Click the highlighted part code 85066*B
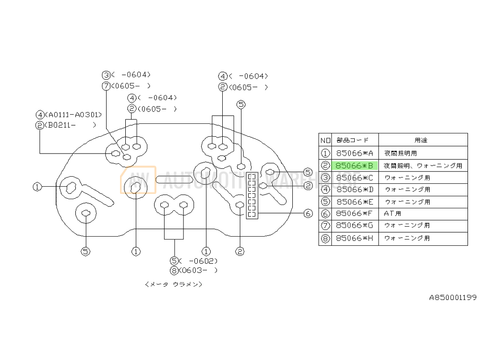coord(355,166)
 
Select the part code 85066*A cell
coord(355,154)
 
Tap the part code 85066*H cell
coord(355,238)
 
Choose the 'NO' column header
coord(325,140)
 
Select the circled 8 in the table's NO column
coord(325,238)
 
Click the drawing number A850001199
coord(453,298)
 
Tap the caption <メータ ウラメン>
coord(173,284)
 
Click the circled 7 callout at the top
coord(106,86)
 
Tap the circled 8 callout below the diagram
coord(174,270)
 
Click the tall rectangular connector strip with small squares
coord(251,196)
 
